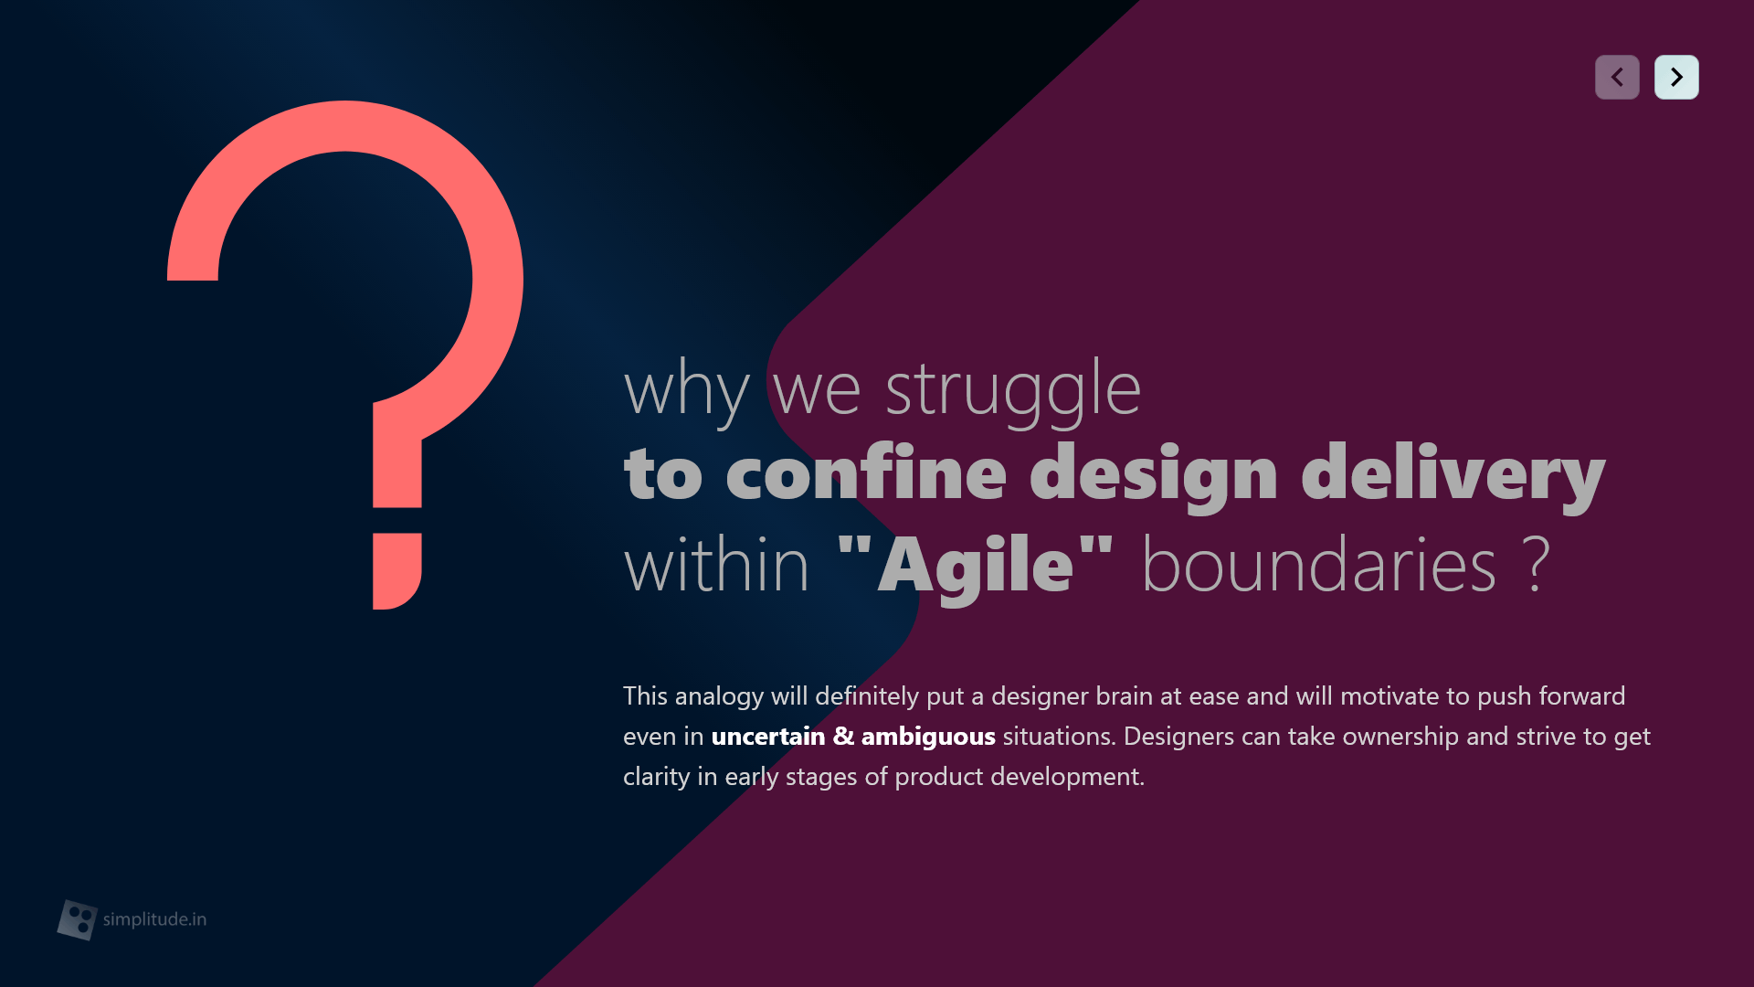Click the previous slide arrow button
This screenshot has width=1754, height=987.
[1617, 77]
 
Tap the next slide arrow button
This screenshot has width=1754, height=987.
[1676, 77]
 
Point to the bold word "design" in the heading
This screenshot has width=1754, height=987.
[1154, 475]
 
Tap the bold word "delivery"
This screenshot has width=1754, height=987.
[1453, 475]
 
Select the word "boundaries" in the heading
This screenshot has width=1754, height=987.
[1319, 564]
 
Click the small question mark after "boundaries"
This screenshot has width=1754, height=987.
[1537, 564]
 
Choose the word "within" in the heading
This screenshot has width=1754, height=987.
[716, 564]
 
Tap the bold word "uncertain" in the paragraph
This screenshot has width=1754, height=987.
[768, 736]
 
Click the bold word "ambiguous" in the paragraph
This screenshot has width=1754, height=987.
[928, 738]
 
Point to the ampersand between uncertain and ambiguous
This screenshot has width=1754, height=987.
[843, 736]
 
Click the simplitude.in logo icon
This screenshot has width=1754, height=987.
[78, 919]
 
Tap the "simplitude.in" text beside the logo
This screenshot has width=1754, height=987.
[154, 919]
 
